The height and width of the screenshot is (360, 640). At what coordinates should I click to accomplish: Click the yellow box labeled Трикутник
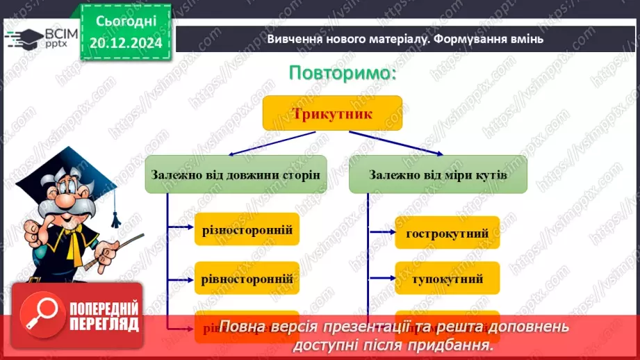(x=332, y=113)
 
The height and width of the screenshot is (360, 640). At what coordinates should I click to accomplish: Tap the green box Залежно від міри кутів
(x=438, y=175)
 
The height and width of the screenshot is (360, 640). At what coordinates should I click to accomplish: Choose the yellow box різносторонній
(x=247, y=229)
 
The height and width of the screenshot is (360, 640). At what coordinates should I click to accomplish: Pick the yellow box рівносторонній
(x=247, y=279)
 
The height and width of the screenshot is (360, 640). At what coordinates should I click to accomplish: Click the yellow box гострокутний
(x=447, y=232)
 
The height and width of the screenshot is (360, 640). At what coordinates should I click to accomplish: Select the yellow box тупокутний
(x=447, y=279)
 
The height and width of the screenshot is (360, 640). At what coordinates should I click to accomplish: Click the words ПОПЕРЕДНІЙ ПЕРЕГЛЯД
(x=104, y=316)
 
